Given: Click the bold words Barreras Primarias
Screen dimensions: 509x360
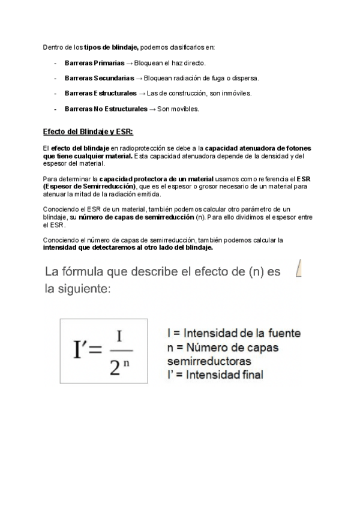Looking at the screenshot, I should point(91,62).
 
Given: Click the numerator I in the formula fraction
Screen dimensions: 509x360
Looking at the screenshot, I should point(120,335).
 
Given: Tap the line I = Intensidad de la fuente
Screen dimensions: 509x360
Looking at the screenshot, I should point(234,333).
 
